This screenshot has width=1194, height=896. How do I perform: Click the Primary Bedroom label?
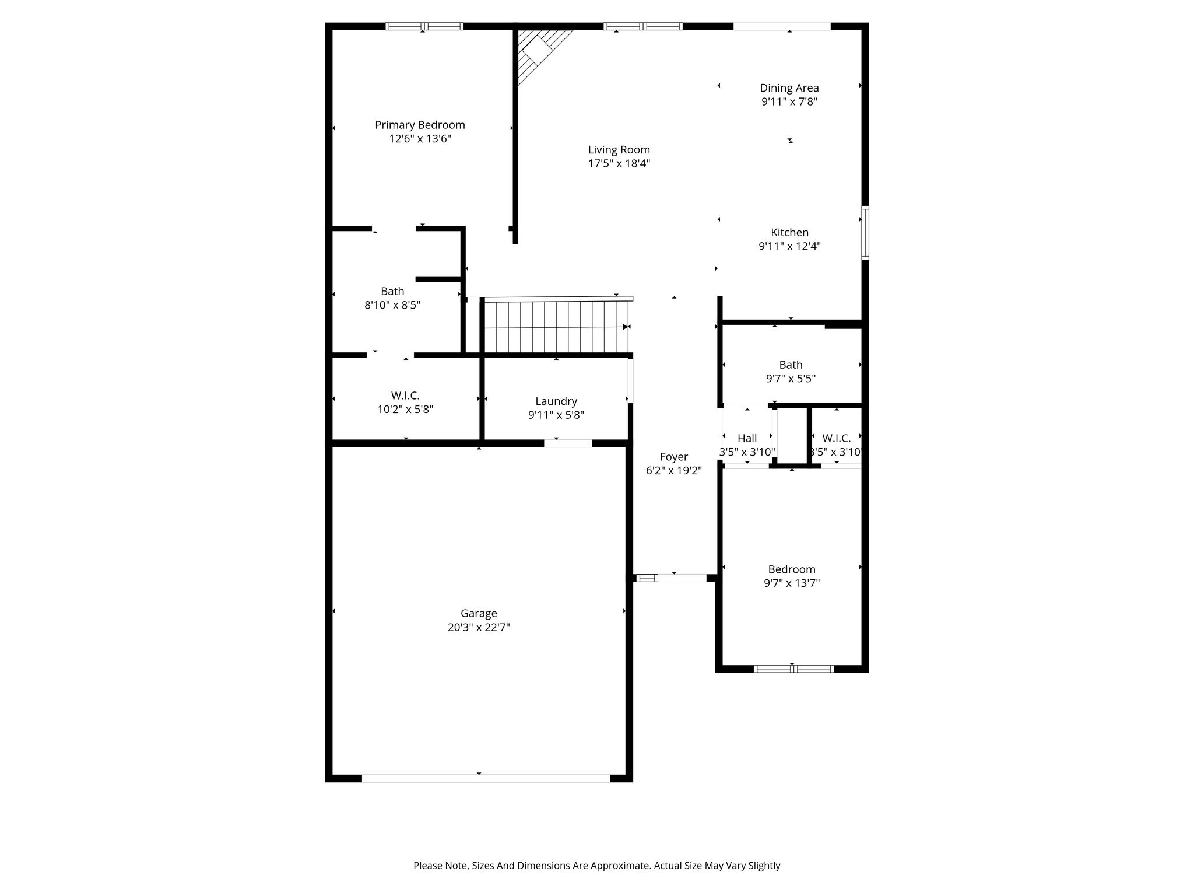[x=420, y=125]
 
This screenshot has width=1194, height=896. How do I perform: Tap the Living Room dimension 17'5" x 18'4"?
[x=619, y=163]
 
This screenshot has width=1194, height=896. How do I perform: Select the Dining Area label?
[x=789, y=87]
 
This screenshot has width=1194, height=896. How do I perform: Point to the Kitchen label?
[x=790, y=232]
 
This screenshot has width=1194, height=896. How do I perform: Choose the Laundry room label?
[x=556, y=401]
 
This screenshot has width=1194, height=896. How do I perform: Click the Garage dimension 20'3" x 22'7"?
[x=479, y=627]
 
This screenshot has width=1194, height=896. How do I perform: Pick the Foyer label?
[x=674, y=457]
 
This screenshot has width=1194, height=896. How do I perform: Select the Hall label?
[x=747, y=438]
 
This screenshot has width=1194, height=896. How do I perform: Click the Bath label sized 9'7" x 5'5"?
[x=791, y=365]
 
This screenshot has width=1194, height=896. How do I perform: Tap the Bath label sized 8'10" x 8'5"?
[x=392, y=291]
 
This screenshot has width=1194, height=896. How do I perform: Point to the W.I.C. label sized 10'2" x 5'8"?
[x=405, y=395]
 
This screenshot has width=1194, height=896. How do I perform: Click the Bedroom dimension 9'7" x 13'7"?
[x=792, y=583]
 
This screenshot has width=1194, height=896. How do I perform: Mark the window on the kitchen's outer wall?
[x=865, y=232]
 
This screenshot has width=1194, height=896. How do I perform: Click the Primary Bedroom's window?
[x=424, y=26]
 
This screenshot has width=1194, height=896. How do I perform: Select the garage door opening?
[x=486, y=778]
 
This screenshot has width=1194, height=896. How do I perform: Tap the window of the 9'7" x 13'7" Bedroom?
[x=793, y=668]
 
